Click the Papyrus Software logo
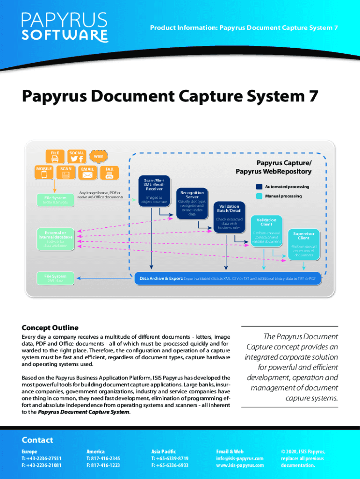[x=65, y=27]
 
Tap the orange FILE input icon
[x=55, y=157]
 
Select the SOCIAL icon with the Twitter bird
[x=77, y=157]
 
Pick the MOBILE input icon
[x=44, y=172]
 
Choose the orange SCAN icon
[x=66, y=172]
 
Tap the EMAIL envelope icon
[x=87, y=172]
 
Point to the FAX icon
[x=109, y=172]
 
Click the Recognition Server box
[x=192, y=204]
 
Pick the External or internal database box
[x=55, y=239]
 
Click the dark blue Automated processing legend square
[x=259, y=187]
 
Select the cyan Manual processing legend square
[x=259, y=196]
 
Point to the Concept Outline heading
[x=50, y=328]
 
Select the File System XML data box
[x=55, y=278]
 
